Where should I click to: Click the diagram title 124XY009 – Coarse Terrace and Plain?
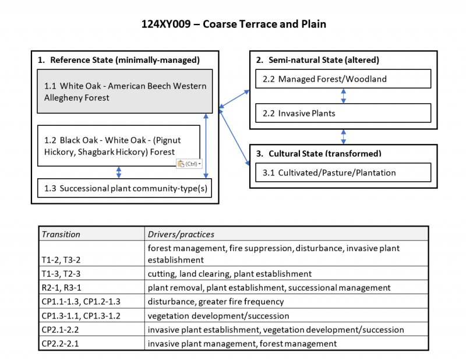(234, 24)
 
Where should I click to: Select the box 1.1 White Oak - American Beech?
(125, 91)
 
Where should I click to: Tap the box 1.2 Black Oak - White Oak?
(119, 146)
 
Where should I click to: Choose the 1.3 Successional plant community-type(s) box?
(125, 188)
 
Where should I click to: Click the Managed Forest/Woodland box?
(343, 79)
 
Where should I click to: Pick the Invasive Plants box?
(343, 113)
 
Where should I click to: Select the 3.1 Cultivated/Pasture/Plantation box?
(343, 172)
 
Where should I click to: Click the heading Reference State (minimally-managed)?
(125, 60)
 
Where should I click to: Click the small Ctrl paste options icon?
(189, 164)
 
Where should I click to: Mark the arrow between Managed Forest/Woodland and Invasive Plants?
(343, 96)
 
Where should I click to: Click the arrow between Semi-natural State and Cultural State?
(343, 137)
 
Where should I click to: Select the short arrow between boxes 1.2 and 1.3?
(119, 172)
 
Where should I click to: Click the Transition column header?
(61, 234)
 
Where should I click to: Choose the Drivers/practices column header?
(181, 234)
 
